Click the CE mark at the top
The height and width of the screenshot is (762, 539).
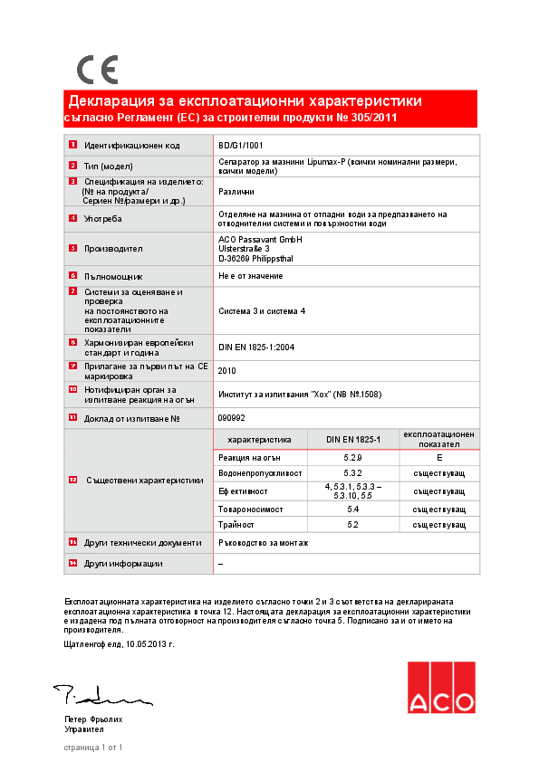coord(97,70)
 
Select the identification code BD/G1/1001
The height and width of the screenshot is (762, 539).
coord(241,145)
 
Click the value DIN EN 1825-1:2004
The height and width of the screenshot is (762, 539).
coord(256,347)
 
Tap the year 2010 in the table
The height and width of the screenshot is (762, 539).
coord(227,370)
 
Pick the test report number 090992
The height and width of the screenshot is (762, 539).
coord(231,418)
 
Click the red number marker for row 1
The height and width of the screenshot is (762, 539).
coord(72,145)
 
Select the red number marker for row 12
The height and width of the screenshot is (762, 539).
coord(72,480)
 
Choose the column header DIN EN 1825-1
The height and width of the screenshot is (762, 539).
coord(352,439)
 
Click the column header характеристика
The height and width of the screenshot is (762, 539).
coord(259,439)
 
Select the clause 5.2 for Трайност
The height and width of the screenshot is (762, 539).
coord(352,525)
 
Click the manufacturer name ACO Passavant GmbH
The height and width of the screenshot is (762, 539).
coord(260,239)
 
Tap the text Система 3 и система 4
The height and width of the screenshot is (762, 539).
coord(262,311)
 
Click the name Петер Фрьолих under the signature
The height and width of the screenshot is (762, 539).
coord(93,719)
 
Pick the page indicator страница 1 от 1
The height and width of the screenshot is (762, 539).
coord(93,748)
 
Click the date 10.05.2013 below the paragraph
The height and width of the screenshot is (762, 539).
coord(148,644)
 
